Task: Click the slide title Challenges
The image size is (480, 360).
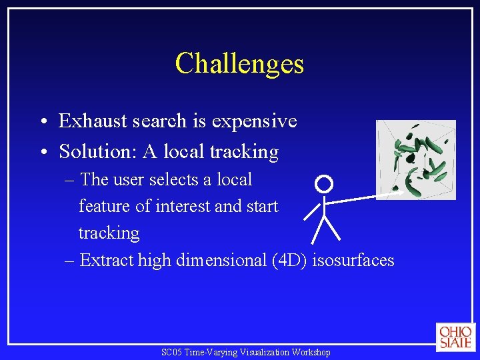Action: pyautogui.click(x=239, y=64)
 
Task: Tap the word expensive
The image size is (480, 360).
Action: pyautogui.click(x=254, y=121)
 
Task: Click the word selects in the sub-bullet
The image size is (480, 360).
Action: pyautogui.click(x=180, y=180)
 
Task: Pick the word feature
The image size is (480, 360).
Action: pyautogui.click(x=105, y=207)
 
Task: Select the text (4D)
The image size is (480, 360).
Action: pyautogui.click(x=290, y=260)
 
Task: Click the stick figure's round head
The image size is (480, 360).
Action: pyautogui.click(x=323, y=183)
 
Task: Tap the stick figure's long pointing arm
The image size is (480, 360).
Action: pyautogui.click(x=363, y=197)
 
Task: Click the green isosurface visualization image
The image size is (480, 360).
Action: pyautogui.click(x=415, y=160)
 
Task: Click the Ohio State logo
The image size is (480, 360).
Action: pyautogui.click(x=455, y=337)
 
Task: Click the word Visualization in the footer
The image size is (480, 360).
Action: pyautogui.click(x=261, y=352)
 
